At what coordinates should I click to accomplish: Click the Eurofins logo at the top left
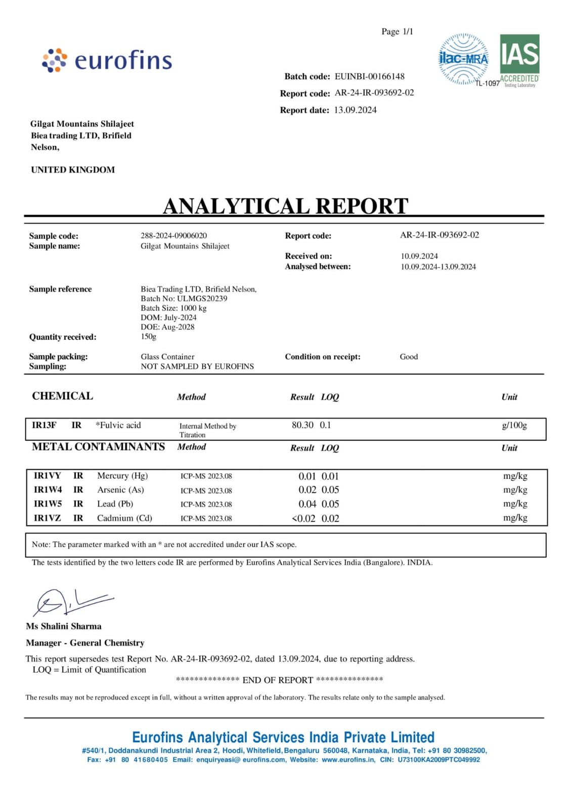[x=107, y=60]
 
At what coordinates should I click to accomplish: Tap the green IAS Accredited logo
[x=519, y=60]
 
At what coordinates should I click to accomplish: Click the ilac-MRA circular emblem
[x=463, y=59]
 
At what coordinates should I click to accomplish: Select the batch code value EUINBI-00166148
[x=369, y=76]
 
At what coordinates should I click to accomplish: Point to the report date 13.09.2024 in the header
[x=355, y=110]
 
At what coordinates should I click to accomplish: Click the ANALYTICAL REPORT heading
[x=285, y=206]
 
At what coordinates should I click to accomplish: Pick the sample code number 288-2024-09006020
[x=173, y=236]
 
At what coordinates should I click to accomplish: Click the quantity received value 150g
[x=149, y=336]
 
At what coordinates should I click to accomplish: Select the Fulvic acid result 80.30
[x=302, y=425]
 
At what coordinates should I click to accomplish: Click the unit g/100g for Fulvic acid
[x=514, y=425]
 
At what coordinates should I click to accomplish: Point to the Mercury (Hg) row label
[x=122, y=476]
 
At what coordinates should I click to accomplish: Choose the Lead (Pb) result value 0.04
[x=307, y=504]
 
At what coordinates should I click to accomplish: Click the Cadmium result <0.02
[x=303, y=518]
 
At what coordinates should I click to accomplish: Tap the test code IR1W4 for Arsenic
[x=48, y=490]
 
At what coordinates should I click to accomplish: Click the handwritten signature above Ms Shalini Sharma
[x=71, y=602]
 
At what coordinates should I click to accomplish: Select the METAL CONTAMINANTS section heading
[x=98, y=447]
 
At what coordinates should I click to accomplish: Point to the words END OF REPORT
[x=278, y=680]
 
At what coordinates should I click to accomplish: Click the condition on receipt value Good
[x=409, y=356]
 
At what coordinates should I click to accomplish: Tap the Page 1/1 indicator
[x=397, y=31]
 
